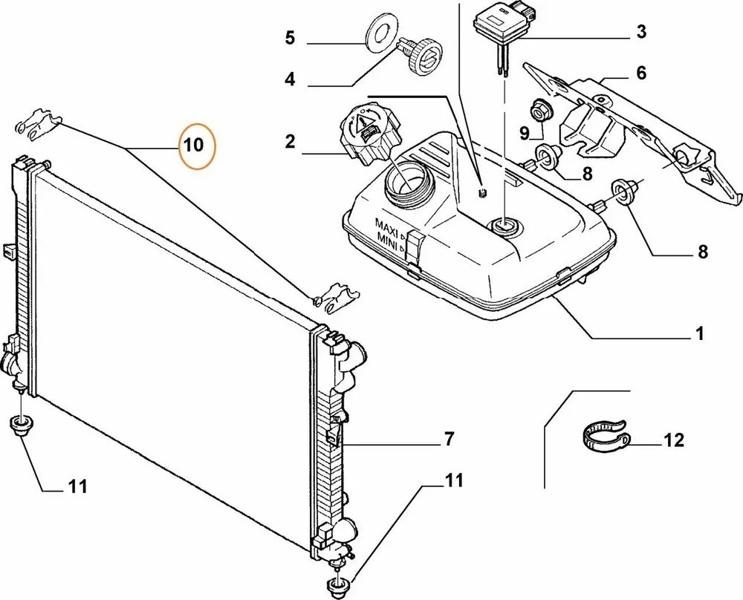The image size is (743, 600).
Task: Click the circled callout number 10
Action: click(193, 146)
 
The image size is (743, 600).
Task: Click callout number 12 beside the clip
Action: click(672, 441)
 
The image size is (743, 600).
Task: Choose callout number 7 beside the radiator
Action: click(448, 440)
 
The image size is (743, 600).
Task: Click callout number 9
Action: click(523, 134)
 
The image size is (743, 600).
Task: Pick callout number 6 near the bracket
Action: click(640, 73)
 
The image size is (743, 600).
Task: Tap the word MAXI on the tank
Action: click(387, 224)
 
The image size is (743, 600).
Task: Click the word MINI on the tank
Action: click(387, 238)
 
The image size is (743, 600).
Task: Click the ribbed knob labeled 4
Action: click(421, 56)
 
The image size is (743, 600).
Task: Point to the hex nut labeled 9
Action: click(538, 111)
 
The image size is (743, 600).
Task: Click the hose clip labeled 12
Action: click(603, 436)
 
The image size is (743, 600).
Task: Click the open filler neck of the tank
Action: click(406, 181)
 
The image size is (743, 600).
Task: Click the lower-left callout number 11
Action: click(77, 486)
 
